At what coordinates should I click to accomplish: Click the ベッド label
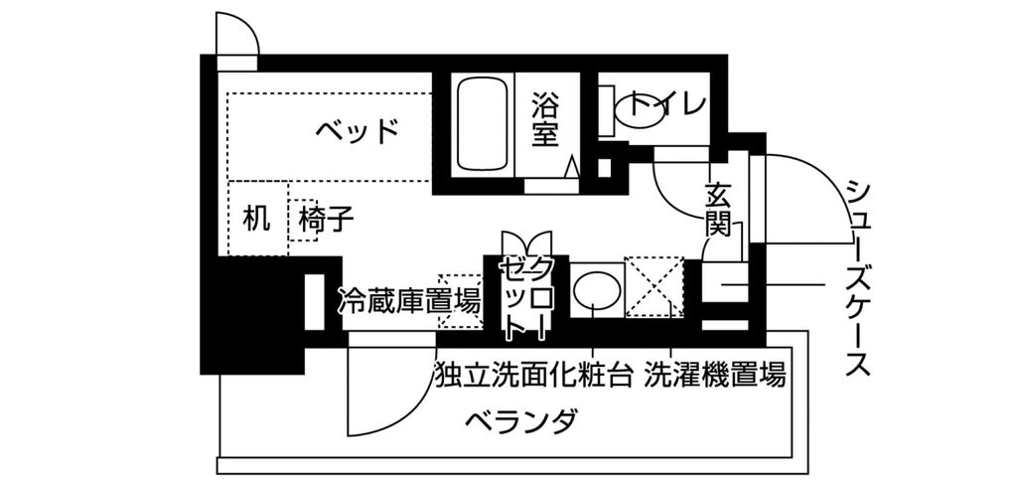pyautogui.click(x=359, y=130)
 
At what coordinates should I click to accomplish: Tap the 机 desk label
pyautogui.click(x=256, y=219)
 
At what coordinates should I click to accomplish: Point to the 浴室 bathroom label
pyautogui.click(x=543, y=119)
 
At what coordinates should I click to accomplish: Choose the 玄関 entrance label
pyautogui.click(x=718, y=209)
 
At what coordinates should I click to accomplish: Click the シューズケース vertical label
pyautogui.click(x=859, y=278)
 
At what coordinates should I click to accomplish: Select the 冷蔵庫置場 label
pyautogui.click(x=408, y=297)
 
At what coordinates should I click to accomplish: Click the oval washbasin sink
pyautogui.click(x=596, y=290)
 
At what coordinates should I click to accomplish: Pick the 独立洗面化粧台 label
pyautogui.click(x=533, y=376)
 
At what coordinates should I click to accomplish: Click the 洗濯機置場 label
pyautogui.click(x=714, y=376)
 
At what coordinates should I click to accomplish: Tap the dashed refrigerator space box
pyautogui.click(x=458, y=300)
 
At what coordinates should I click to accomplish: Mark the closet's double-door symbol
pyautogui.click(x=525, y=243)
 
